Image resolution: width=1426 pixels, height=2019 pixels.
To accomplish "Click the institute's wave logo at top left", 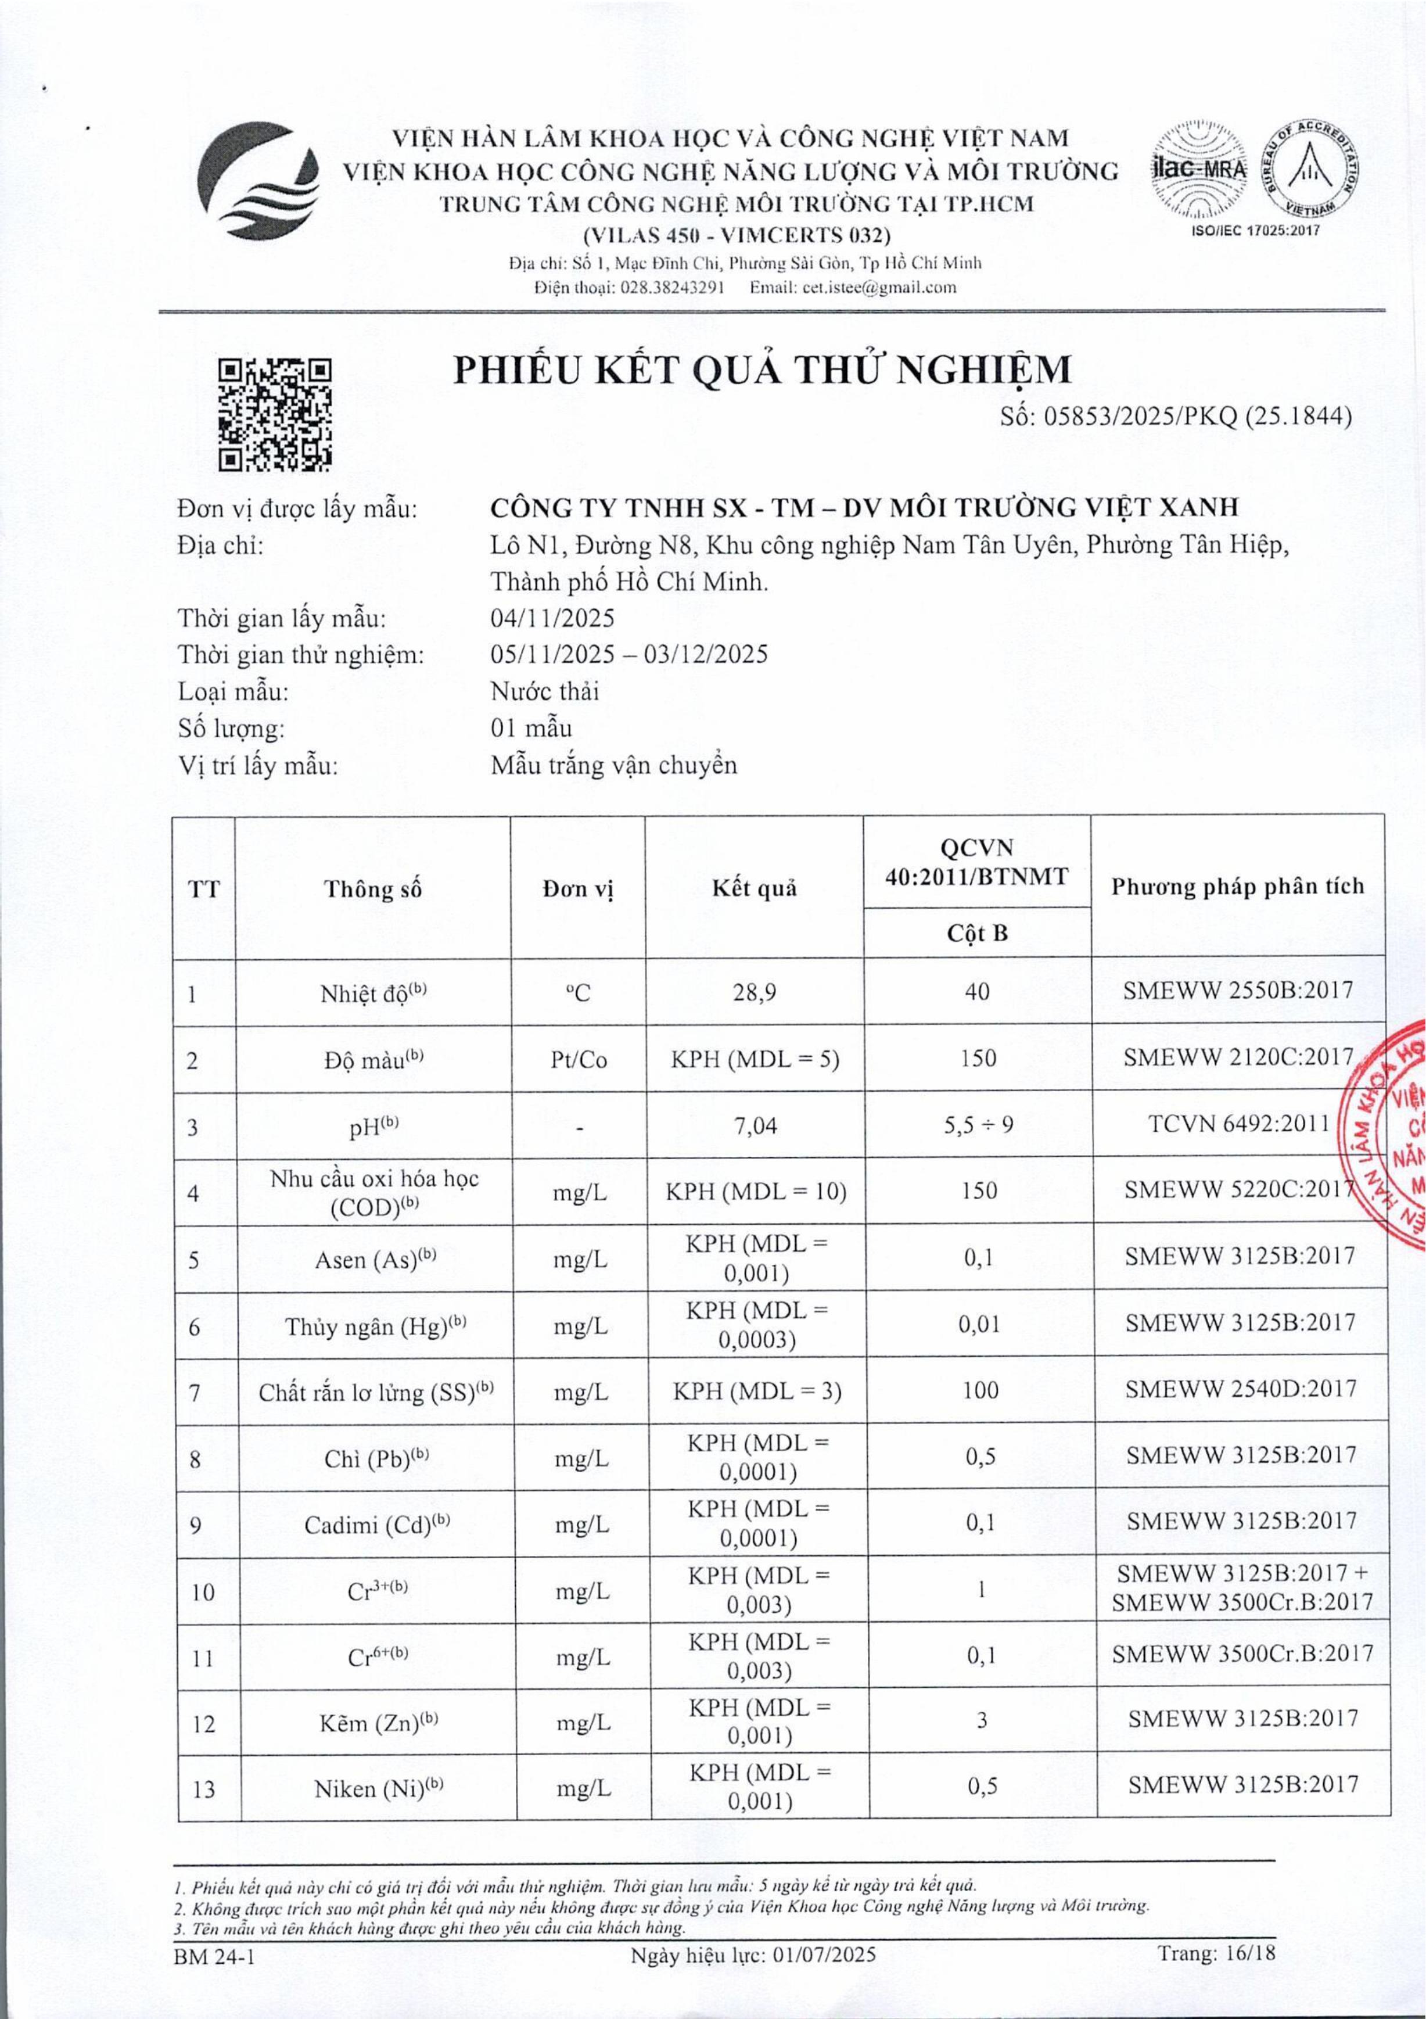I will point(255,180).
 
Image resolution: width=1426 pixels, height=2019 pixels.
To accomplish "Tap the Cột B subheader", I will point(977,933).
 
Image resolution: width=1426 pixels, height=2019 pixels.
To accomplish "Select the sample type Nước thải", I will point(545,691).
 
